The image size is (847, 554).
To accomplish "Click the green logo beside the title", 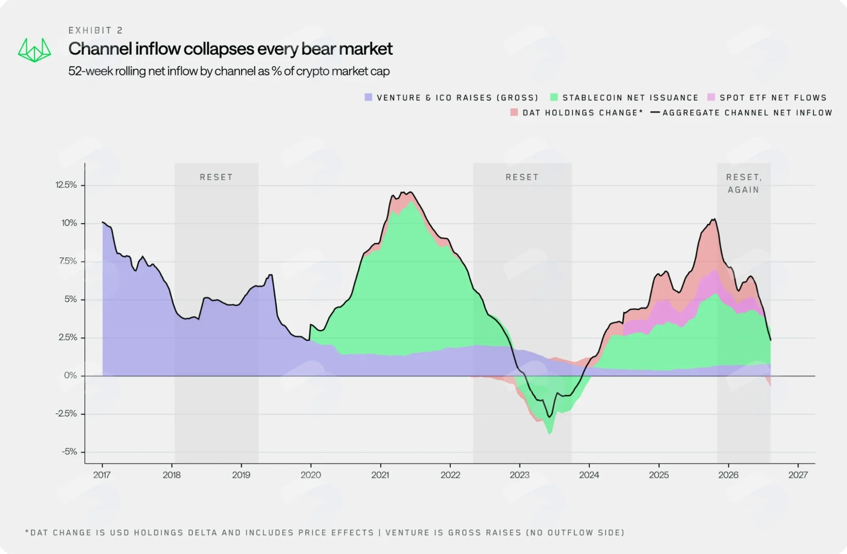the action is (x=34, y=50).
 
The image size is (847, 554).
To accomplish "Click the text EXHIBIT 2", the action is (x=96, y=31).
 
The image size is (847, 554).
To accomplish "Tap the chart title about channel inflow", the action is (x=230, y=49).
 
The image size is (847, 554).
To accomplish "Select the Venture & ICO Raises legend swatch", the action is (x=368, y=97).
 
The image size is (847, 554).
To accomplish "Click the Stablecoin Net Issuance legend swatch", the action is (x=554, y=97).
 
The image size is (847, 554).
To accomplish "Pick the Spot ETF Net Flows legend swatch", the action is (x=711, y=97).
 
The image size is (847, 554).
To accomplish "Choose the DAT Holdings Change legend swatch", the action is (x=514, y=112).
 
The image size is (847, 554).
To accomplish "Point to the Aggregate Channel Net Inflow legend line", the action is (x=655, y=112).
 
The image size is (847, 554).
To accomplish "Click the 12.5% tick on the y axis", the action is (x=66, y=185).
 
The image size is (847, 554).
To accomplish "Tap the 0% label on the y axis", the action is (x=70, y=376).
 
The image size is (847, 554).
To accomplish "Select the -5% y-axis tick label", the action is (x=69, y=452).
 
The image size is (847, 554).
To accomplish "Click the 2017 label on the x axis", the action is (x=102, y=475).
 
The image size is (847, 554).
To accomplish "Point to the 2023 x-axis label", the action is (x=519, y=475).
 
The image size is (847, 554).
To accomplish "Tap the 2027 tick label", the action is (x=798, y=475).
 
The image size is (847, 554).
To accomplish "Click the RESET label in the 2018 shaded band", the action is (x=216, y=177).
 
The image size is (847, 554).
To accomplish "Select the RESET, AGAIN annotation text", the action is (x=744, y=184).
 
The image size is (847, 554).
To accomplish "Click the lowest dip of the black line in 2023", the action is (x=549, y=417).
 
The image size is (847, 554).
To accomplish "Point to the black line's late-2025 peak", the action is (x=715, y=219).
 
